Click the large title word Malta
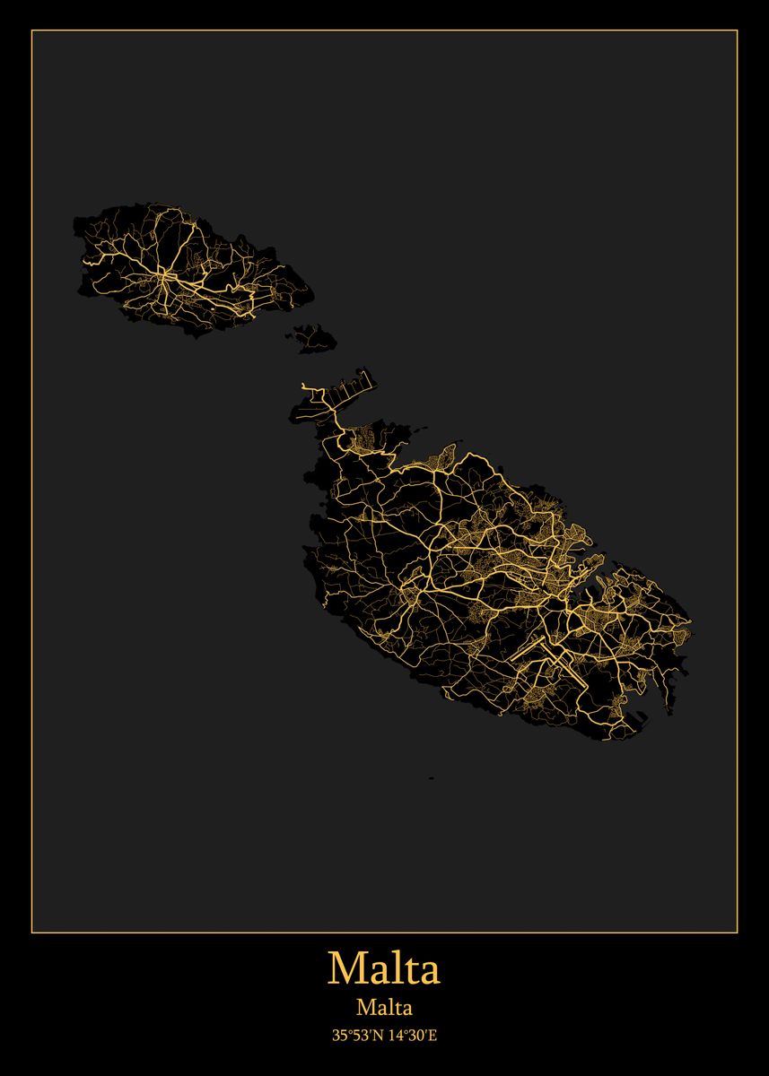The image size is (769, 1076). point(384,968)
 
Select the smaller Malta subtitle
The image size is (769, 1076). point(384,1008)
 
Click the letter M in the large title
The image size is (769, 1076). point(345,968)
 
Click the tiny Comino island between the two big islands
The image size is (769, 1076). point(315,338)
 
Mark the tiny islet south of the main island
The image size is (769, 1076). point(432,777)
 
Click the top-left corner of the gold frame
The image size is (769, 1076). point(32,31)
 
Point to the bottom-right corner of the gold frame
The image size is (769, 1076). point(737,933)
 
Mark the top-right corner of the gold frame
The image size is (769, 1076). point(737,31)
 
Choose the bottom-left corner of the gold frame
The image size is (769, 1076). point(32,933)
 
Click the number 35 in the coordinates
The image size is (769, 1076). point(339,1036)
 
